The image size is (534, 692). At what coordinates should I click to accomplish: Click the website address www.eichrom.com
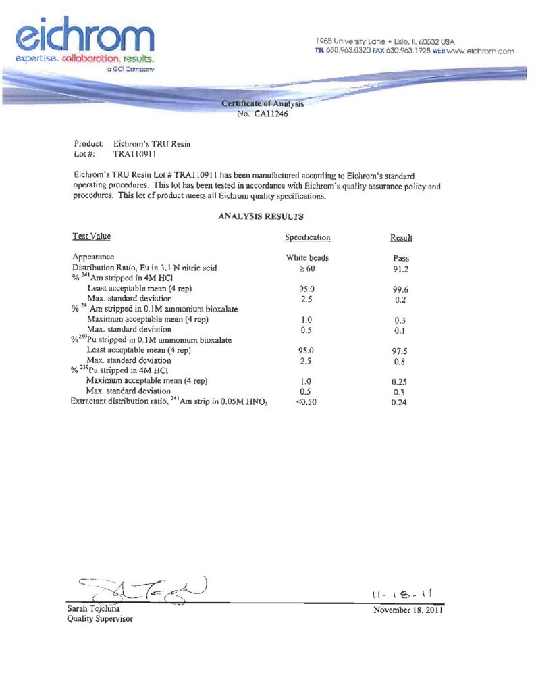click(x=481, y=51)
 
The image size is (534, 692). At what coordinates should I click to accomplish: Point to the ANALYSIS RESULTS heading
click(x=261, y=217)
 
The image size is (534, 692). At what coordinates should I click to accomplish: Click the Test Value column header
click(x=91, y=237)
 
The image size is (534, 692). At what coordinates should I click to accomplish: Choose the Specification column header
click(x=307, y=238)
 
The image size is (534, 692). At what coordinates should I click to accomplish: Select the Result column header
click(x=401, y=238)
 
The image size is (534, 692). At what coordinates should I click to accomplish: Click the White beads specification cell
click(x=307, y=258)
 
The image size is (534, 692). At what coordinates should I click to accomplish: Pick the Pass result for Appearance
click(x=401, y=258)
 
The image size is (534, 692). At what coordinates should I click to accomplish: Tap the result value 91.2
click(x=402, y=268)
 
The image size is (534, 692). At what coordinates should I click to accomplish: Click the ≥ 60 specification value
click(x=306, y=268)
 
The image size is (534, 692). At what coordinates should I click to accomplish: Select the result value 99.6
click(x=402, y=289)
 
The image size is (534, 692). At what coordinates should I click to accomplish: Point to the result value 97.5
click(x=402, y=351)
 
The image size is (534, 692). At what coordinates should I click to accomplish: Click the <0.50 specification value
click(x=306, y=403)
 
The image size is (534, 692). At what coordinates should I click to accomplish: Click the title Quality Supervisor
click(x=100, y=619)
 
